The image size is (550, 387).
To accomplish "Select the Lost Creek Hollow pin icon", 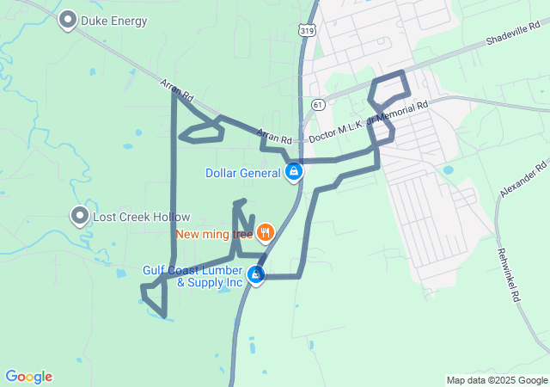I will (80, 216).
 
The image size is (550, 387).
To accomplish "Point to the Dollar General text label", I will (243, 173).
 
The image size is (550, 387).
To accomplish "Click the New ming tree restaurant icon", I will (265, 232).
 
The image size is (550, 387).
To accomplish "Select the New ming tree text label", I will (214, 233).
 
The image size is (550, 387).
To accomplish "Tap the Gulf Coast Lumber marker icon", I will (256, 275).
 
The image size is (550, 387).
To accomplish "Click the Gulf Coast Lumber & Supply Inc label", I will (193, 276).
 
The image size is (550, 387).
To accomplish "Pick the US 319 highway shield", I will (306, 30).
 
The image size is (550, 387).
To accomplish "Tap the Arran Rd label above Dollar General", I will (274, 137).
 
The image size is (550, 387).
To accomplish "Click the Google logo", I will (28, 377).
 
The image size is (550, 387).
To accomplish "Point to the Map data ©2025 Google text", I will (497, 380).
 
